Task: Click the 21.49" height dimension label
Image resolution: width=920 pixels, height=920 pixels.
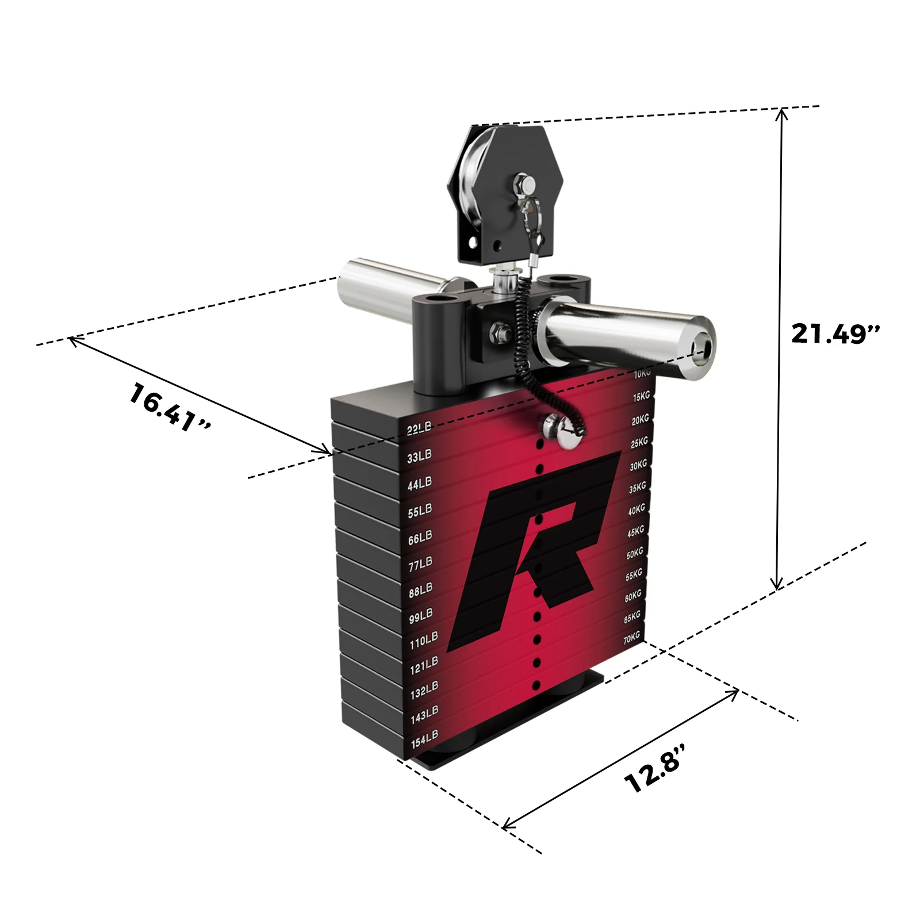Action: [x=835, y=333]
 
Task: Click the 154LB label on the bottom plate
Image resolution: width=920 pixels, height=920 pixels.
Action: [x=424, y=739]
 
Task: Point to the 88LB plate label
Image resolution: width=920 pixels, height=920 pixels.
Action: [x=420, y=590]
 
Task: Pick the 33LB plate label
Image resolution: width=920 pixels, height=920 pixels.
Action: [x=419, y=457]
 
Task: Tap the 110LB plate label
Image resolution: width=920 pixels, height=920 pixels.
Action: [x=423, y=640]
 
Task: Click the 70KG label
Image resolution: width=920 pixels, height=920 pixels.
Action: [x=631, y=638]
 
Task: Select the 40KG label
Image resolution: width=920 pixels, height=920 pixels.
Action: [x=637, y=509]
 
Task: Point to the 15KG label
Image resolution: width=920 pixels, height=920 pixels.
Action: [x=641, y=397]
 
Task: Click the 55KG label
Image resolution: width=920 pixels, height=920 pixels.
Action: [x=634, y=574]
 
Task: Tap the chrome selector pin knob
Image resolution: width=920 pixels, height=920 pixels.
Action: [x=555, y=427]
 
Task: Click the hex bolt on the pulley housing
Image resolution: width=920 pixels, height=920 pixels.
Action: [x=524, y=185]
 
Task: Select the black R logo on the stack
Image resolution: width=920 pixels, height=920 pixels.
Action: [x=535, y=546]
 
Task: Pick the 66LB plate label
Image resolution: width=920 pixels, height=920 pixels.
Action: [x=420, y=538]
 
